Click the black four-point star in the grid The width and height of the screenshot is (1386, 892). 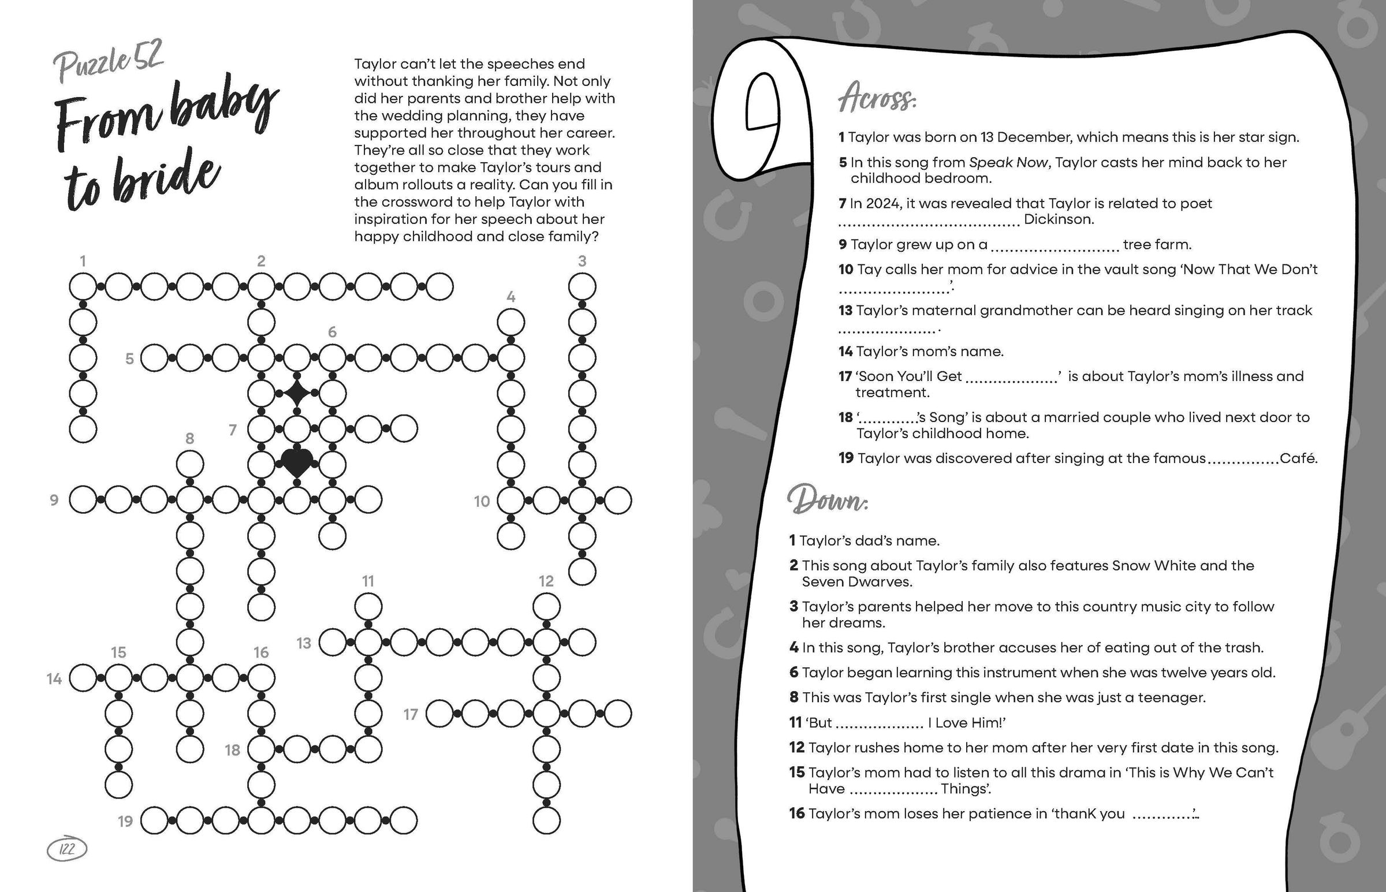[296, 393]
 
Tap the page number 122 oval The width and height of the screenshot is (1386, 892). [67, 849]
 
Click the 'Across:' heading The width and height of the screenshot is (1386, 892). [877, 99]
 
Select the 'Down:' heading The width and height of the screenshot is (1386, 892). [828, 500]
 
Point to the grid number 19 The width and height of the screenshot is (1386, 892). [125, 821]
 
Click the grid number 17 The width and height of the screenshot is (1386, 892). [411, 714]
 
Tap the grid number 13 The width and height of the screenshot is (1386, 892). [304, 643]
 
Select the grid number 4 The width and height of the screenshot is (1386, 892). [511, 297]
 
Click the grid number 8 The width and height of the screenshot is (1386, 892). [189, 438]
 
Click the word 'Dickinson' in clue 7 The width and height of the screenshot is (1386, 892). [1059, 219]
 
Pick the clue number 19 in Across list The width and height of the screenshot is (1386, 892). [845, 458]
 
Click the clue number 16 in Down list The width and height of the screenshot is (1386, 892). [797, 813]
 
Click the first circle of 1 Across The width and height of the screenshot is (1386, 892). [83, 287]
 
